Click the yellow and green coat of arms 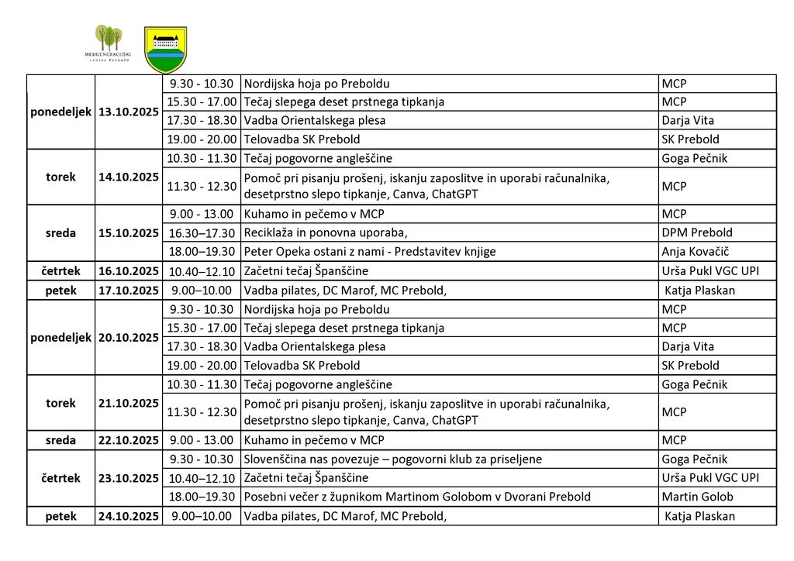pyautogui.click(x=165, y=49)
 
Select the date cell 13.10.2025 pyautogui.click(x=129, y=112)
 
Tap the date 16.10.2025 pyautogui.click(x=129, y=270)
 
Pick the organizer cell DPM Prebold pyautogui.click(x=696, y=232)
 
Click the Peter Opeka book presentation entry pyautogui.click(x=369, y=251)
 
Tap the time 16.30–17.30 pyautogui.click(x=201, y=232)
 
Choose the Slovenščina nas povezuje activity pyautogui.click(x=392, y=459)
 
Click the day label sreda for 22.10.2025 pyautogui.click(x=60, y=440)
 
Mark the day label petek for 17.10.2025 pyautogui.click(x=60, y=290)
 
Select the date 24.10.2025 pyautogui.click(x=129, y=516)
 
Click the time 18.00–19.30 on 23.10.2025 pyautogui.click(x=201, y=497)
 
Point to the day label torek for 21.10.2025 pyautogui.click(x=60, y=403)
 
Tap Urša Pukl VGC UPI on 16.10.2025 pyautogui.click(x=709, y=270)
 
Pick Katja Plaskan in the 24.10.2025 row pyautogui.click(x=700, y=516)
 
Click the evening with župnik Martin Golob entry pyautogui.click(x=417, y=497)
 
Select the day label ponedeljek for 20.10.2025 pyautogui.click(x=60, y=337)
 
